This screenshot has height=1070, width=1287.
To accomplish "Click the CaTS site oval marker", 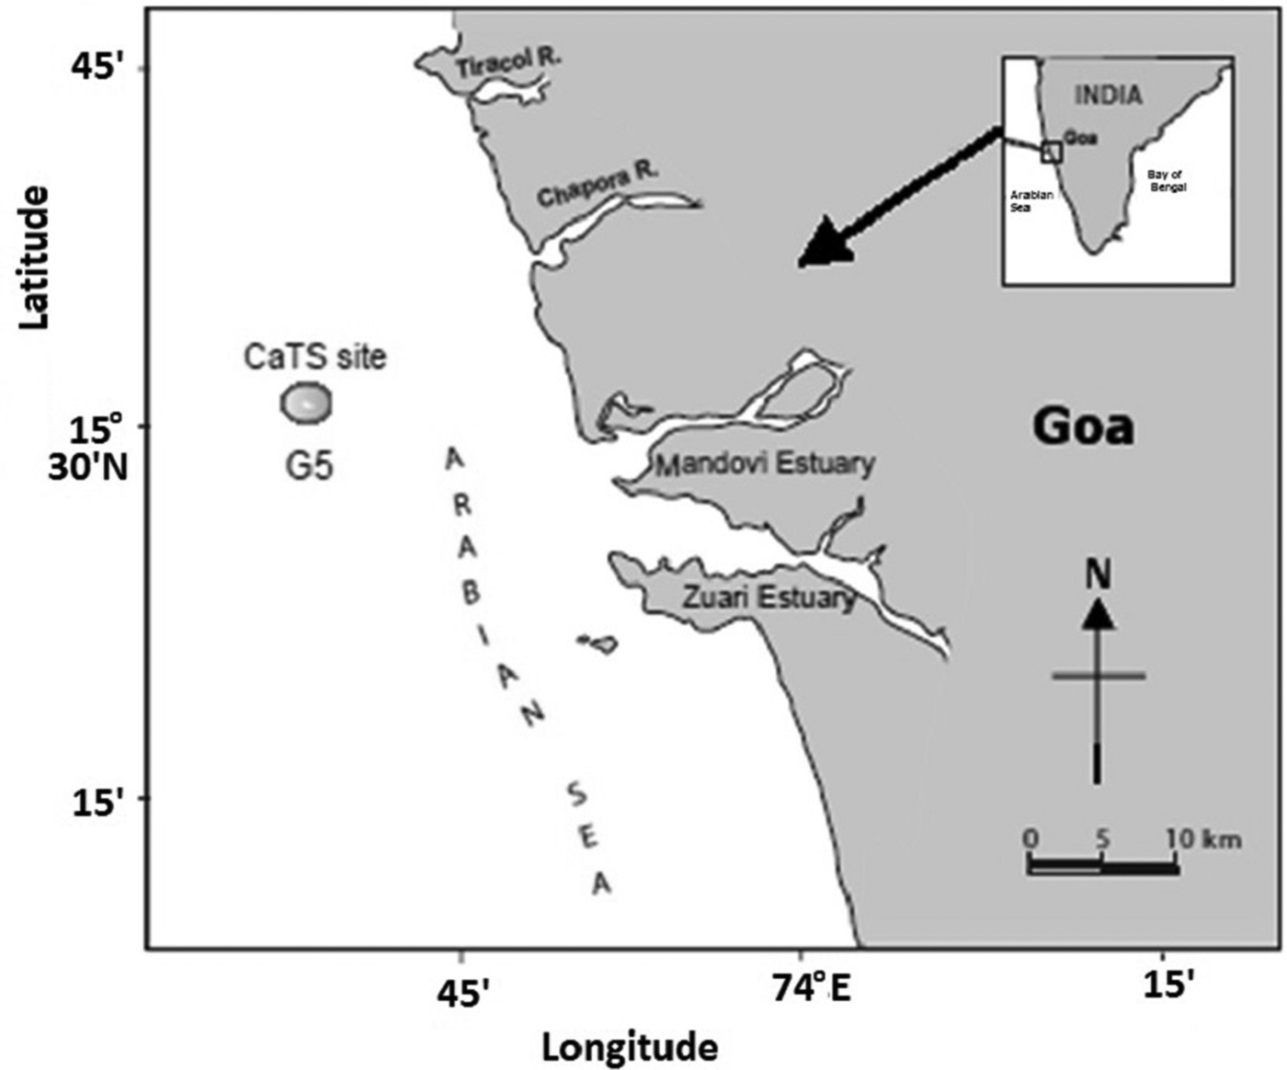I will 306,403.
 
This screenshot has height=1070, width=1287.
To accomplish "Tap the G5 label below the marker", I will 309,466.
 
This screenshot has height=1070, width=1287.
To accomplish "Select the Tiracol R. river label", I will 508,63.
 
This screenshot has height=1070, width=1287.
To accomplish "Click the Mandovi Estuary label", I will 764,463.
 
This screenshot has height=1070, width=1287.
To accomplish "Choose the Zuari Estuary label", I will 769,597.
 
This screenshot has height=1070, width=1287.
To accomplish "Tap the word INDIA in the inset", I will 1108,95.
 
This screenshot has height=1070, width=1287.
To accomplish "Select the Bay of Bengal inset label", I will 1167,180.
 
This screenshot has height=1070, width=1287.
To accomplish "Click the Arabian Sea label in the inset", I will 1031,201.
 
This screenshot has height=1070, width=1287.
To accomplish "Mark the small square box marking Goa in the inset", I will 1052,153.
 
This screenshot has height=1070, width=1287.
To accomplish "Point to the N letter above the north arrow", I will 1098,575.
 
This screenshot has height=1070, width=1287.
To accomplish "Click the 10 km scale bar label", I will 1203,838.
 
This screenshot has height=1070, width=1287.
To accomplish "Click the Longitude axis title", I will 630,1047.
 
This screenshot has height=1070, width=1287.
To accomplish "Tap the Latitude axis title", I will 34,256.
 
